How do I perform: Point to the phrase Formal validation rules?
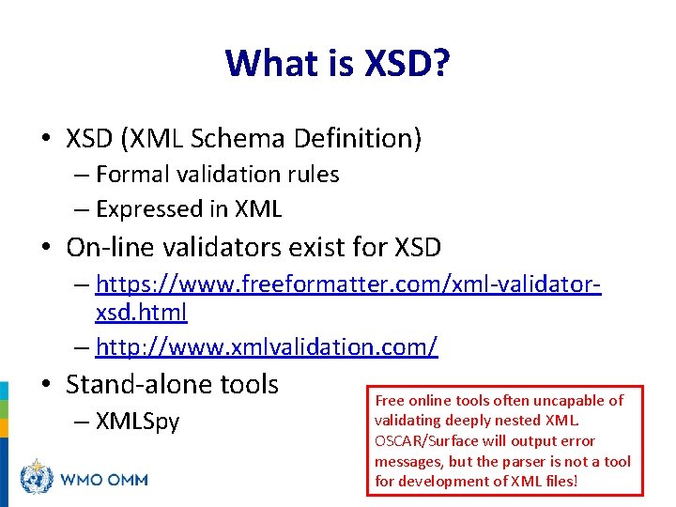[217, 175]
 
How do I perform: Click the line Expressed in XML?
[189, 208]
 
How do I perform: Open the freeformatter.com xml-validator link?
[348, 284]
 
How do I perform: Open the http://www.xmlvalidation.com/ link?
[267, 346]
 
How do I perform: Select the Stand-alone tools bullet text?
[173, 384]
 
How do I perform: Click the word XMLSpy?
[137, 422]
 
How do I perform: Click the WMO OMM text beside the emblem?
[104, 479]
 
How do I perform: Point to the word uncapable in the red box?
[553, 401]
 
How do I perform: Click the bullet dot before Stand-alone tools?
[46, 385]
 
